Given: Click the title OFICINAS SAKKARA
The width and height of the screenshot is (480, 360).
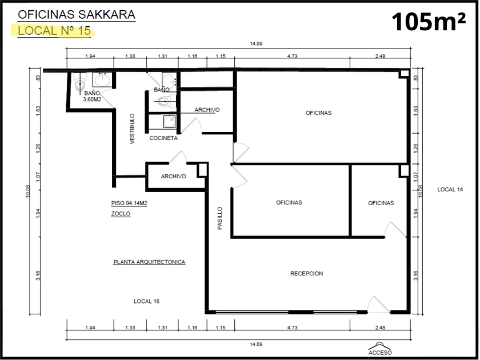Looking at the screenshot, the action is tap(77, 15).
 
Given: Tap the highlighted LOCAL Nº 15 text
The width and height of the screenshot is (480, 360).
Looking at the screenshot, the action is tap(54, 31).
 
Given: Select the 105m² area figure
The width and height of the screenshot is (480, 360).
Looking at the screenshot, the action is tap(429, 22).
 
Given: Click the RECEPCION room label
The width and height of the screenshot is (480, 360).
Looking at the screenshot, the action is tap(306, 273).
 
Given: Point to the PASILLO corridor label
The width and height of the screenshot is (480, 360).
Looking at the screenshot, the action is tap(220, 218).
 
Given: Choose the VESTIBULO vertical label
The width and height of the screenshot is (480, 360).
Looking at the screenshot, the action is tap(132, 129).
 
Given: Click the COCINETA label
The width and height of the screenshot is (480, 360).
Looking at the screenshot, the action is tap(163, 138).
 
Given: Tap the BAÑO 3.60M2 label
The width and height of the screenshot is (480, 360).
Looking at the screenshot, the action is tap(92, 96).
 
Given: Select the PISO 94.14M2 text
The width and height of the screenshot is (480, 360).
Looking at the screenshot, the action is tap(129, 203).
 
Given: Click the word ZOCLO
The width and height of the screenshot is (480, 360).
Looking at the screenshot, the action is tap(121, 214).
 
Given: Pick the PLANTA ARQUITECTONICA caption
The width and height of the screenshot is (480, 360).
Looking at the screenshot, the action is tap(149, 262).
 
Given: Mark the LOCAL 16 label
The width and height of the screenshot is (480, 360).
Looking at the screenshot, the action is tap(147, 301).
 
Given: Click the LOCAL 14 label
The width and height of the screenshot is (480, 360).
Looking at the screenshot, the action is tap(450, 190).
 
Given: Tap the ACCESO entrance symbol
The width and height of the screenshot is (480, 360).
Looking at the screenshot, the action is tap(380, 349).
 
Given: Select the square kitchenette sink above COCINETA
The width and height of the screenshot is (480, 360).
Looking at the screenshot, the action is tap(169, 122).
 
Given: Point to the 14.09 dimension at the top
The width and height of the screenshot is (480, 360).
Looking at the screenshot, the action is tap(256, 43).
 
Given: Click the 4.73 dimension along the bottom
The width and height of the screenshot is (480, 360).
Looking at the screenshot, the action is tap(293, 327).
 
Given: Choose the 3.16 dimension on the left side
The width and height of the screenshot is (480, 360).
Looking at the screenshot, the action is tap(38, 275).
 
